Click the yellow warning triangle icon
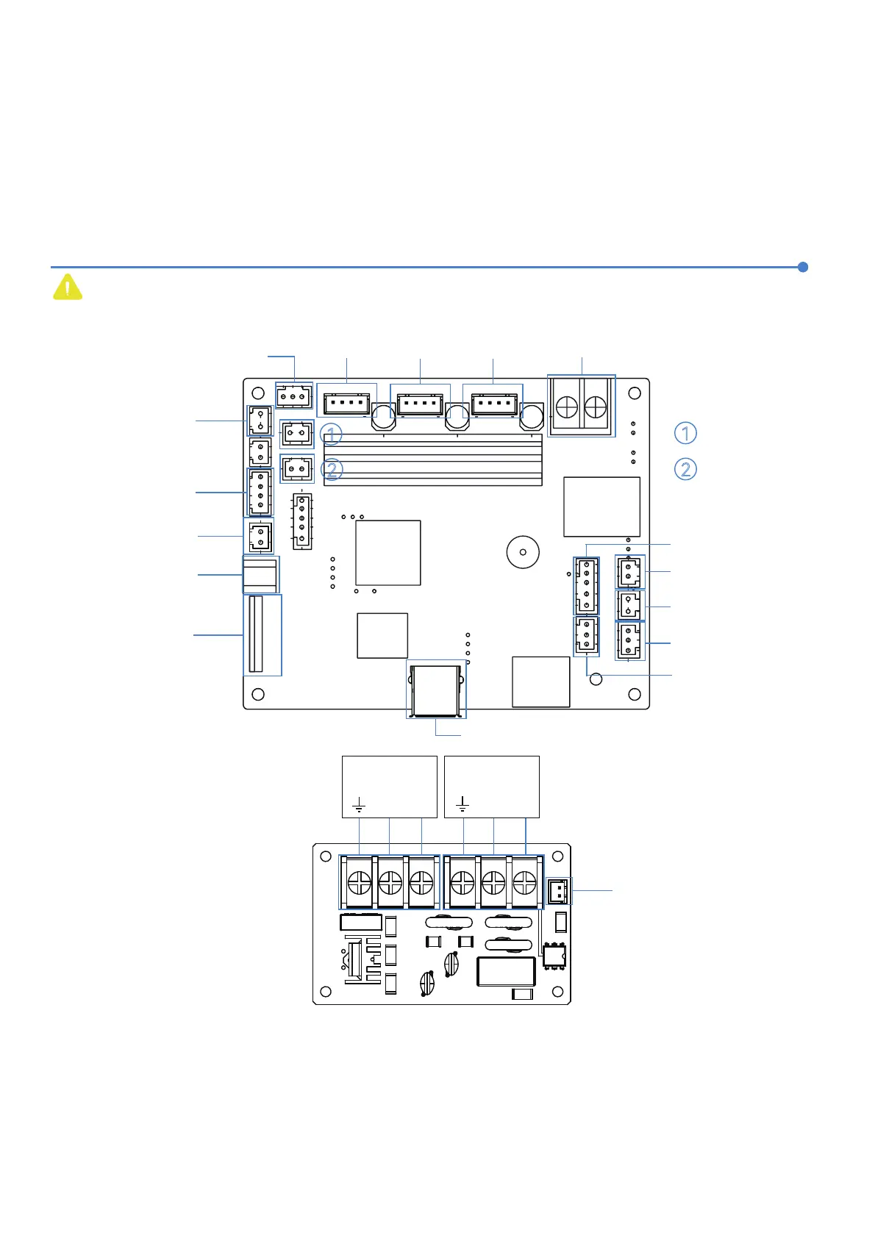point(67,287)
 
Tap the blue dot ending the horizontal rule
point(803,267)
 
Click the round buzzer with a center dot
point(523,551)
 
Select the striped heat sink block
point(433,459)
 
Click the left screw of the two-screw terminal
point(566,405)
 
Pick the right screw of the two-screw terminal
point(595,405)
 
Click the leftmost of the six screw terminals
point(359,881)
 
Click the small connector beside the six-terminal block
point(559,892)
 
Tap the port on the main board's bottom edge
point(437,690)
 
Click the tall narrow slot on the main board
point(256,634)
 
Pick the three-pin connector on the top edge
point(293,397)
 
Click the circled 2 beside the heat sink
point(332,470)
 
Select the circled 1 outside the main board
point(685,433)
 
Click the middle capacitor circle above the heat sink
point(457,418)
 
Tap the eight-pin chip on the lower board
point(554,955)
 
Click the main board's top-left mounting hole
point(258,390)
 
